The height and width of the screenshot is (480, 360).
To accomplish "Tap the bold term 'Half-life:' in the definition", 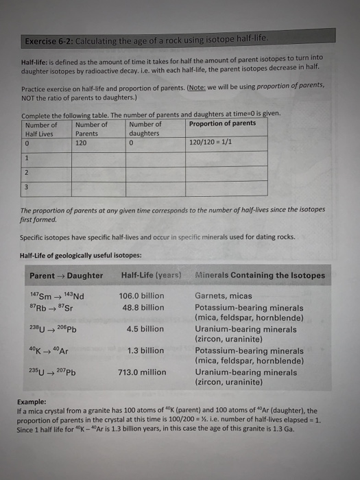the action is click(38, 62).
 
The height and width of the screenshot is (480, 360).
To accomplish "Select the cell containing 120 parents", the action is click(82, 143).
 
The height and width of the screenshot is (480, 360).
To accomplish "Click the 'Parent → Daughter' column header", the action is click(66, 276).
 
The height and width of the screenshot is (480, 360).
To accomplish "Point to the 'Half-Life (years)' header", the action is click(150, 276).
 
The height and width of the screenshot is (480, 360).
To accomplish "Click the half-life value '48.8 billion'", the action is click(142, 307).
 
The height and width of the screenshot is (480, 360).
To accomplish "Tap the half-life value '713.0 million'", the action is click(142, 372).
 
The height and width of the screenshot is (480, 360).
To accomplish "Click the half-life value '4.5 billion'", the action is click(145, 328).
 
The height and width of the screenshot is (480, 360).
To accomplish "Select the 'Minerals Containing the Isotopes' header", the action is click(261, 276).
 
